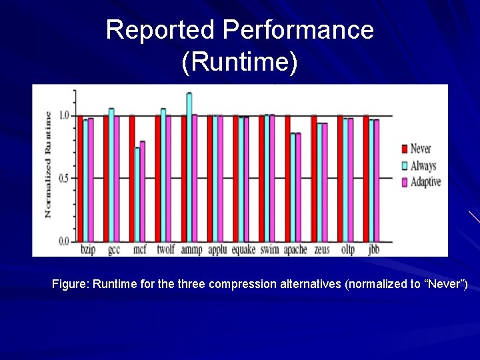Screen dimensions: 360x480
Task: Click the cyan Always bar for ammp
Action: tap(189, 167)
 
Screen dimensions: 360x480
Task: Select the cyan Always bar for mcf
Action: tap(137, 194)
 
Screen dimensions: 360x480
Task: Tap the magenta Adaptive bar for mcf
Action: tap(143, 191)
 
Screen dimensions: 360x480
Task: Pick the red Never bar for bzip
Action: tap(80, 178)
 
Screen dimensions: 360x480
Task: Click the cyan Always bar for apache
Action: tap(293, 187)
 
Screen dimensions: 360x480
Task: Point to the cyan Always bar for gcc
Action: tap(111, 174)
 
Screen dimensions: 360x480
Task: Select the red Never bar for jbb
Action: tap(366, 178)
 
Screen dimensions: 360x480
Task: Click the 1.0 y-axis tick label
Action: tap(65, 115)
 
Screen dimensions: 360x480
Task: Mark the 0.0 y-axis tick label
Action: tap(65, 241)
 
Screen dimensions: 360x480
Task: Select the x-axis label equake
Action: tap(243, 249)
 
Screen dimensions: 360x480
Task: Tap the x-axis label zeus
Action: tap(321, 249)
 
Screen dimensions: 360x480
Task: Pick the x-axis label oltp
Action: tap(348, 249)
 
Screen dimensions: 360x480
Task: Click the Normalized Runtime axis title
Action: tap(47, 164)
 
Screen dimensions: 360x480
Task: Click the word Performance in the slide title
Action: tap(298, 30)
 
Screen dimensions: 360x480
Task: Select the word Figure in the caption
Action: tap(69, 284)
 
